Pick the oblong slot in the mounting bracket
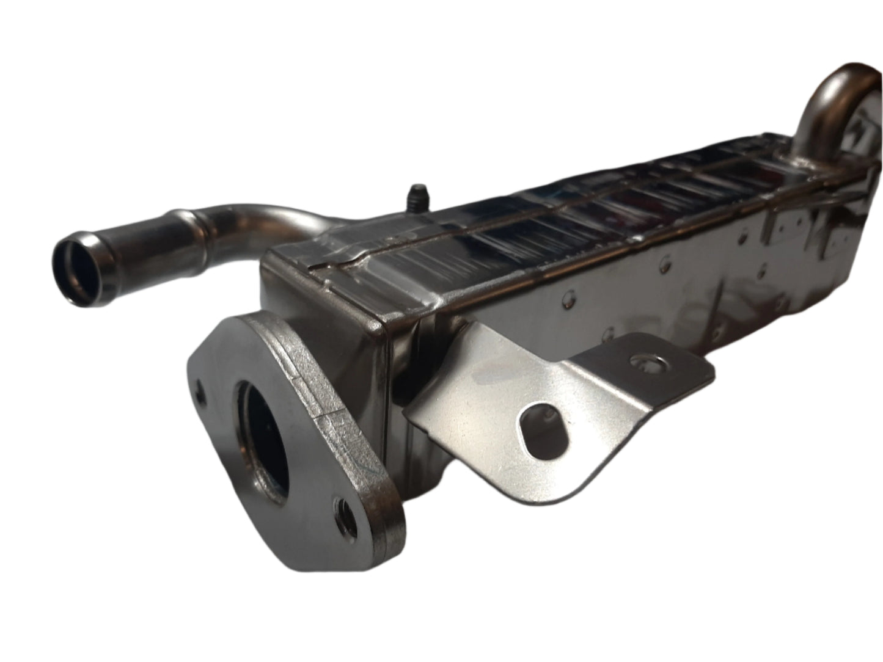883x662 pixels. [544, 427]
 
